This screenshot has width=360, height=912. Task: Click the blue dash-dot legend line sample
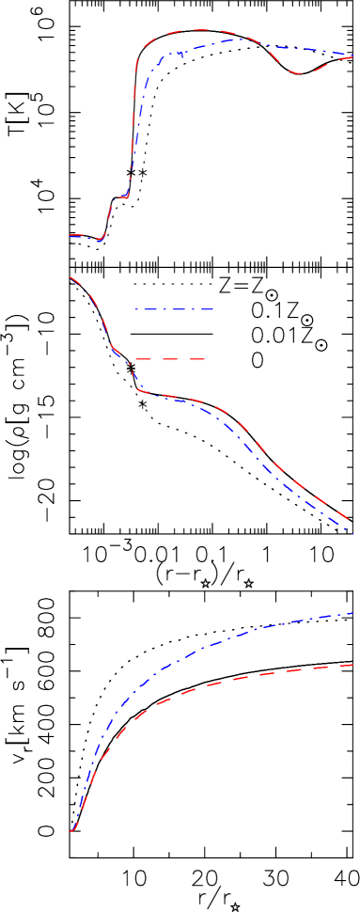point(174,308)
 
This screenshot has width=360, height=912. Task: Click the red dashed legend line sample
point(169,359)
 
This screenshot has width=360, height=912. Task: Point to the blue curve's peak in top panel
point(243,39)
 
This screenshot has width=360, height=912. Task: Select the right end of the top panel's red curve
point(353,57)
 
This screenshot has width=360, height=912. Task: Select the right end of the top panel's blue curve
point(353,54)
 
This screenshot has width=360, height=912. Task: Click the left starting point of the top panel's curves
point(69,235)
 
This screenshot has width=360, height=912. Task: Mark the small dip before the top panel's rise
point(100,241)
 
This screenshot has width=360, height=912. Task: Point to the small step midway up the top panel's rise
point(120,197)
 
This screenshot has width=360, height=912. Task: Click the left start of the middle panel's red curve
point(69,275)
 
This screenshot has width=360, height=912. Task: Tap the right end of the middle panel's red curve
point(352,520)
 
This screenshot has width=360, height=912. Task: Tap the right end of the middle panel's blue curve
point(352,532)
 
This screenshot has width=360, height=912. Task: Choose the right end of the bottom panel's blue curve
point(353,613)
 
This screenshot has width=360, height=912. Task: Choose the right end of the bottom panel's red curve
point(353,665)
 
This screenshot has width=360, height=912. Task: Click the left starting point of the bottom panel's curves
point(70,830)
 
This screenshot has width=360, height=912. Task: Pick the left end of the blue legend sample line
point(134,308)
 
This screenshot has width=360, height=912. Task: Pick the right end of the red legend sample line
point(205,359)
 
